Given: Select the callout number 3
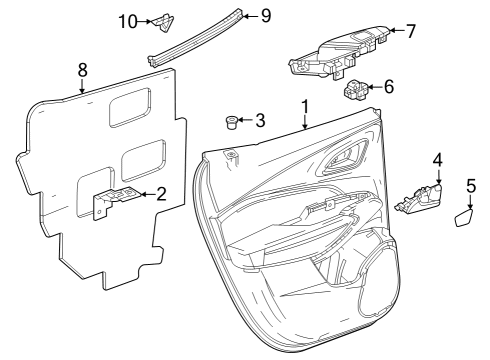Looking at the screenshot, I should coord(260,121).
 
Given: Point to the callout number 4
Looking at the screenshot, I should coord(437,160).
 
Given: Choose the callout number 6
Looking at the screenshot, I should coord(388,87).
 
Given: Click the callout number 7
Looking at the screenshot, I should coord(413,31).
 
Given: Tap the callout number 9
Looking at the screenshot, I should coord(265,15).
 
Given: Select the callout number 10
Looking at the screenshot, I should coord(126,21).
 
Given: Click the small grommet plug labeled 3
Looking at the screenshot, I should coord(233,123).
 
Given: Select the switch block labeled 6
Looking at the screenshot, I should coord(357,92).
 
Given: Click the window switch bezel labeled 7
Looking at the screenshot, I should coord(335,53).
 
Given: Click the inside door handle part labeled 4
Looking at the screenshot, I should coord(421,198).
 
